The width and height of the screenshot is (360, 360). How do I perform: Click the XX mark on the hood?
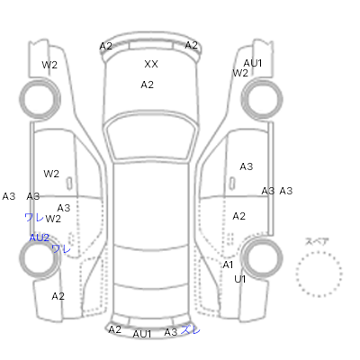tap(151, 64)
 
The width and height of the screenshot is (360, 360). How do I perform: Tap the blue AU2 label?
tap(39, 238)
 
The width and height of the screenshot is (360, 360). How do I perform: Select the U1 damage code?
tap(239, 279)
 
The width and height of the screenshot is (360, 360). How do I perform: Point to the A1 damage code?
tap(228, 265)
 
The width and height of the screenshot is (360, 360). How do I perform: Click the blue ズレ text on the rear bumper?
tap(191, 330)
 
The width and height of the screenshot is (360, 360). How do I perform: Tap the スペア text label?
tap(317, 241)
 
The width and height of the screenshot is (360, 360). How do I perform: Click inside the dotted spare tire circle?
tap(319, 274)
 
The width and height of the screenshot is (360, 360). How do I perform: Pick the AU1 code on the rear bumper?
tap(142, 334)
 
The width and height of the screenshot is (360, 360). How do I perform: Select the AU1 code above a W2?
tap(253, 63)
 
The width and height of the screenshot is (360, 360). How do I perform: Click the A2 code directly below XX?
tap(147, 85)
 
